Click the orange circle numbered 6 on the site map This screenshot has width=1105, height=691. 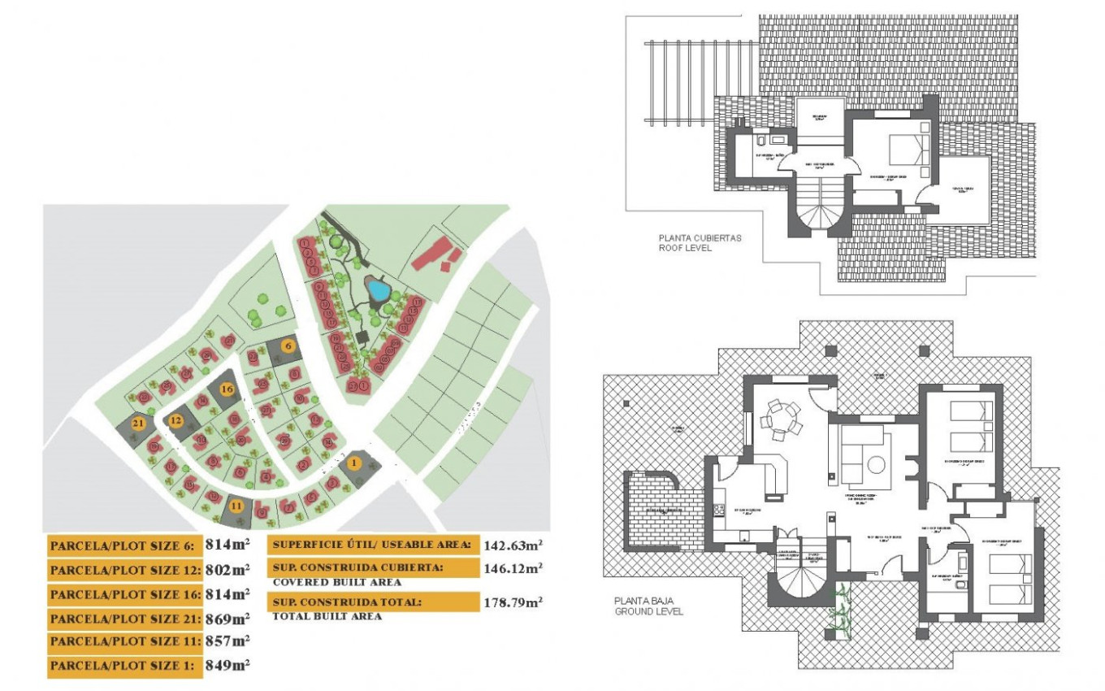coord(287,345)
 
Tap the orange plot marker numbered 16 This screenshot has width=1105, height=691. coord(227,389)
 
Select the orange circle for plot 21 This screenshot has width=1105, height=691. coord(138,423)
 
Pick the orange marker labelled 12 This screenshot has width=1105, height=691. coord(176,420)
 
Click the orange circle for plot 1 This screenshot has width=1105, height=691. coord(353,463)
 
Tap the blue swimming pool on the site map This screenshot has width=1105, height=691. coord(375,288)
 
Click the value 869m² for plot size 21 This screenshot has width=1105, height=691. coord(228,618)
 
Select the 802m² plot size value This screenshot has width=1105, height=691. coord(228,569)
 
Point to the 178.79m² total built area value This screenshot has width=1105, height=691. coord(513,602)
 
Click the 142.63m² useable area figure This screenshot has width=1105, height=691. coord(513,545)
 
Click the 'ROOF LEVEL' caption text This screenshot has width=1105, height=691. coord(685,248)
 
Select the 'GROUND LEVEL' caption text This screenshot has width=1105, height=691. coord(648,611)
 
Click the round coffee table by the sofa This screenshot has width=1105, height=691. coord(876,464)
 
